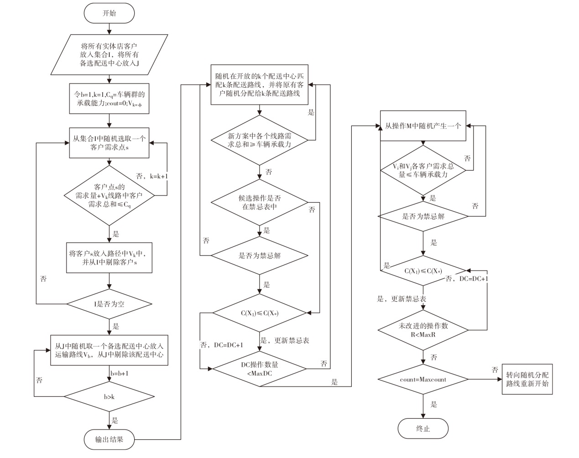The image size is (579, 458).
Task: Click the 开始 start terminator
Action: pyautogui.click(x=109, y=13)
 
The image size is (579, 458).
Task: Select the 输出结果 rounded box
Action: pyautogui.click(x=109, y=439)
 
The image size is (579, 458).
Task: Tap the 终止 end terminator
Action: pyautogui.click(x=423, y=428)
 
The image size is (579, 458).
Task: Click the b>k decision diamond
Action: pyautogui.click(x=109, y=396)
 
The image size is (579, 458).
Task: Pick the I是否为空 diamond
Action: pyautogui.click(x=109, y=304)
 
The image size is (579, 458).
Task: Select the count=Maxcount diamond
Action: pyautogui.click(x=423, y=380)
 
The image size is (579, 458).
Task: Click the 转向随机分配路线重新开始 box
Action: pyautogui.click(x=527, y=380)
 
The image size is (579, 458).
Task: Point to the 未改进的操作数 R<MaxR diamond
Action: pyautogui.click(x=423, y=330)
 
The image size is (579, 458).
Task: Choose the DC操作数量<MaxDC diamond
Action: pyautogui.click(x=259, y=369)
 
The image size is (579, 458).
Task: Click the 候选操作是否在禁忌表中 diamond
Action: pyautogui.click(x=259, y=203)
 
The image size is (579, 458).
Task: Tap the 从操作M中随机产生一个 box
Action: pyautogui.click(x=423, y=125)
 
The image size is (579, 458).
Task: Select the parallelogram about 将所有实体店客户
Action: pyautogui.click(x=109, y=55)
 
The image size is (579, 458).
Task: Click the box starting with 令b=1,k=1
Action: pyautogui.click(x=109, y=99)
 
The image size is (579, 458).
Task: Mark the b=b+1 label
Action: pyautogui.click(x=120, y=374)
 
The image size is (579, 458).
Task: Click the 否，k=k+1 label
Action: pyautogui.click(x=152, y=176)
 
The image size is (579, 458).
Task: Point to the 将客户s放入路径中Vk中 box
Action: pyautogui.click(x=109, y=258)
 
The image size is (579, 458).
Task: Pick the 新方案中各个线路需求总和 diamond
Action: pyautogui.click(x=259, y=140)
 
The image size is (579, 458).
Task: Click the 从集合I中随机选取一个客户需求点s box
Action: pyautogui.click(x=109, y=143)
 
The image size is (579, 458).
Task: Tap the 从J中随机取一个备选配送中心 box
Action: pyautogui.click(x=109, y=350)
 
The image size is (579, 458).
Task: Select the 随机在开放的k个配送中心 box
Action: pyautogui.click(x=259, y=84)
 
